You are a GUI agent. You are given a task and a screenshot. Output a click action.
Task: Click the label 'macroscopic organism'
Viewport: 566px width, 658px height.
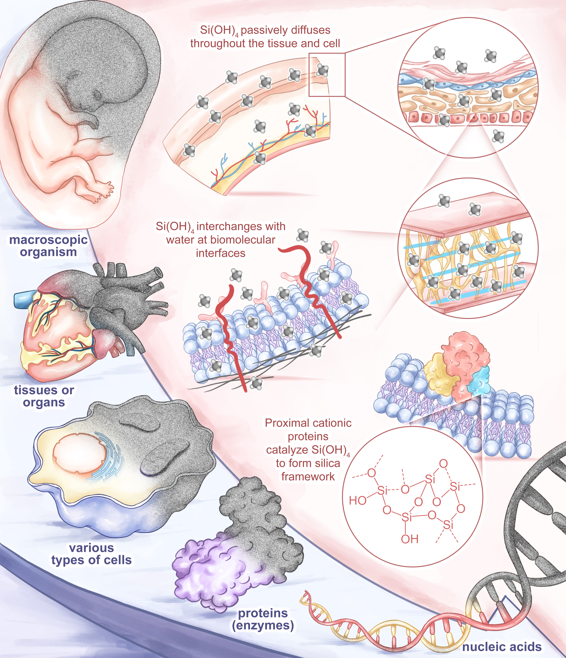click(48, 246)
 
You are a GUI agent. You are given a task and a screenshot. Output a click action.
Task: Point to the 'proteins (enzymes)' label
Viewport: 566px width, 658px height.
click(263, 619)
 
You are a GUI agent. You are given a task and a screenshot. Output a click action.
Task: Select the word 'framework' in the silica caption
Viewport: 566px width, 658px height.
click(308, 476)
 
